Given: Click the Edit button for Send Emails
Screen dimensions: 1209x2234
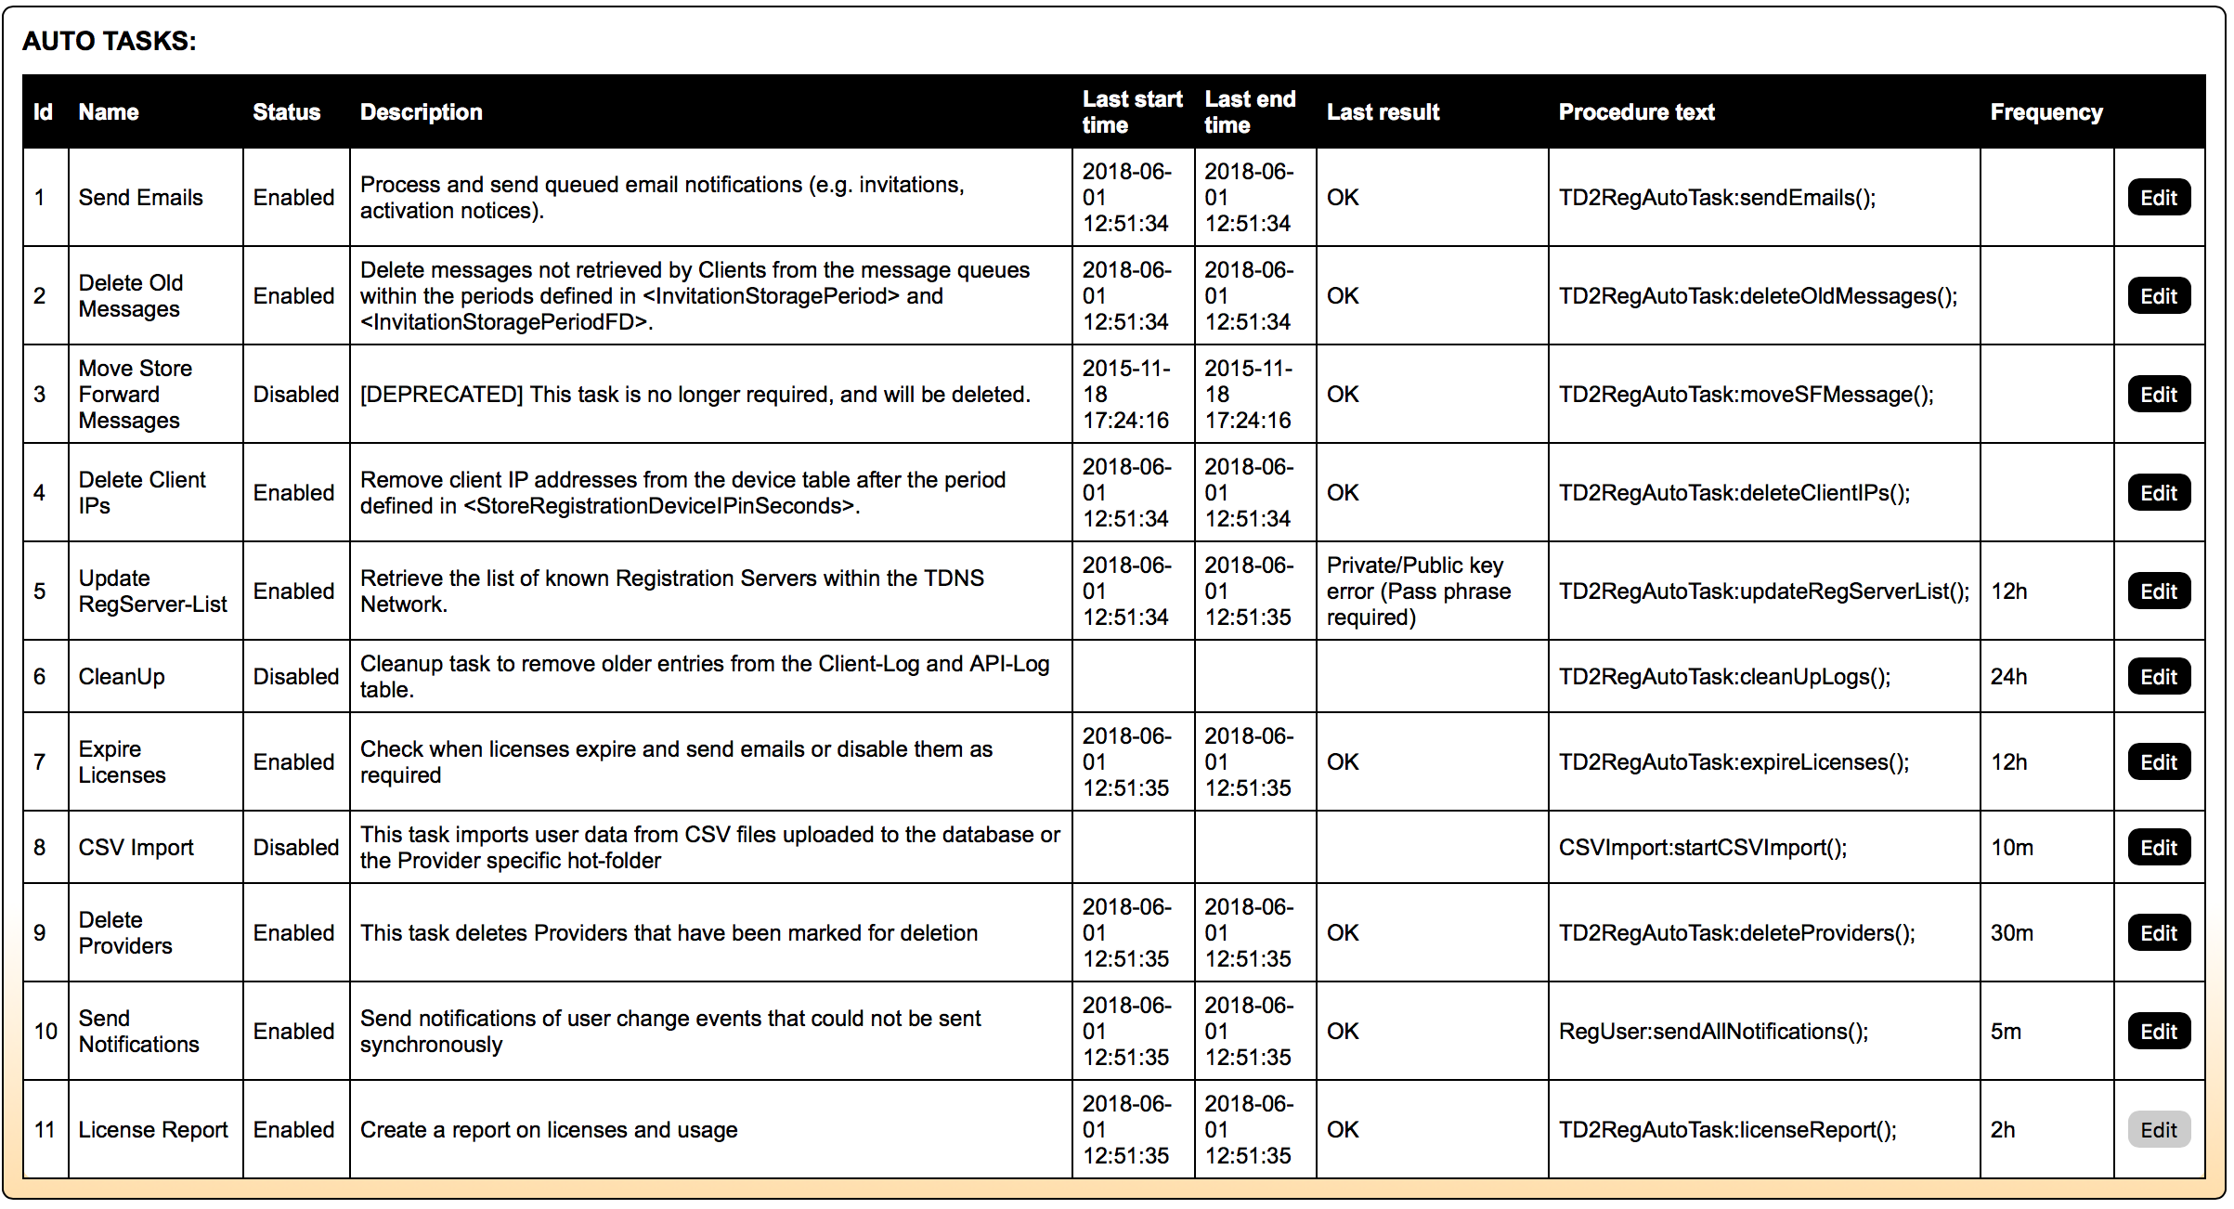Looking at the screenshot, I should point(2158,198).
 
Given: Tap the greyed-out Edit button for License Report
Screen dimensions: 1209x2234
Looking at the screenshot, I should point(2158,1130).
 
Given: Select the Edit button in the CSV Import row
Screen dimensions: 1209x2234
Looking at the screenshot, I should point(2158,848).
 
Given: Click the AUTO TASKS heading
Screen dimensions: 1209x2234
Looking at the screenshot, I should point(110,41).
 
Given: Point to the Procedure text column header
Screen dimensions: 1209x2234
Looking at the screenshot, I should point(1636,112).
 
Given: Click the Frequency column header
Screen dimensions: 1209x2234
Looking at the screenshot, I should point(2046,112).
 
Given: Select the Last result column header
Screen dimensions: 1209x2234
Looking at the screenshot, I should point(1383,112).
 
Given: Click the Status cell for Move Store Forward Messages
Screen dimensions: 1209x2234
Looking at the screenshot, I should point(296,395).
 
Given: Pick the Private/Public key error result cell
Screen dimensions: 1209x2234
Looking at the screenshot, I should point(1418,591).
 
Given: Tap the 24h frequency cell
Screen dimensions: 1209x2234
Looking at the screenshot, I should point(2008,677).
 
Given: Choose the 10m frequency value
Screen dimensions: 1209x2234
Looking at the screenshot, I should point(2011,848).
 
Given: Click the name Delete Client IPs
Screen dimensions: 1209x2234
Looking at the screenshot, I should point(142,493).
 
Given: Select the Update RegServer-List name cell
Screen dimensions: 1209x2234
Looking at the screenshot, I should point(152,591).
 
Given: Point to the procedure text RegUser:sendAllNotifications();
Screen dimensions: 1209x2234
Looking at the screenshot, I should point(1713,1032).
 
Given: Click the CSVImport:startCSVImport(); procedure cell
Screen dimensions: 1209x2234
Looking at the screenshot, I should point(1702,848).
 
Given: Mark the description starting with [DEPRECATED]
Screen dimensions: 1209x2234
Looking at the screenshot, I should point(695,395).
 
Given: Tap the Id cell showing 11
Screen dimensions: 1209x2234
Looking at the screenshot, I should point(45,1130).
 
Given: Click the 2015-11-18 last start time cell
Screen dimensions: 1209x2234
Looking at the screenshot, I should point(1126,395).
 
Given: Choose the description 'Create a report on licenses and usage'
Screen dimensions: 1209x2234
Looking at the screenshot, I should point(549,1130).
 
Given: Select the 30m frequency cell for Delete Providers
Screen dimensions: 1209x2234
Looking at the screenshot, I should point(2011,933).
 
